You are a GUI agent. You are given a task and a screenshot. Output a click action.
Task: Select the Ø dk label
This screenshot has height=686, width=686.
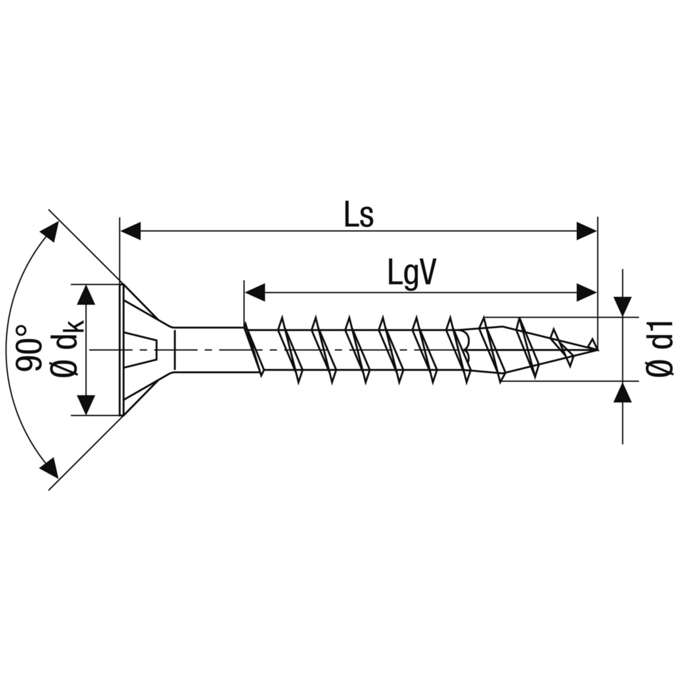tap(66, 348)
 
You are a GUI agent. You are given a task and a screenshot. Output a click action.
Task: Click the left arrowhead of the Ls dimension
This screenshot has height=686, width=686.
tap(131, 231)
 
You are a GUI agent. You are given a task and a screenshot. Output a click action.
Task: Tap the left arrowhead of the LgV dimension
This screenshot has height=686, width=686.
tap(255, 292)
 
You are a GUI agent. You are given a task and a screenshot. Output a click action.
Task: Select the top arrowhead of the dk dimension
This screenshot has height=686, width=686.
tap(86, 295)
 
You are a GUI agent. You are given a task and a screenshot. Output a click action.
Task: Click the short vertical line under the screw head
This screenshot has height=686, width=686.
tap(174, 350)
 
